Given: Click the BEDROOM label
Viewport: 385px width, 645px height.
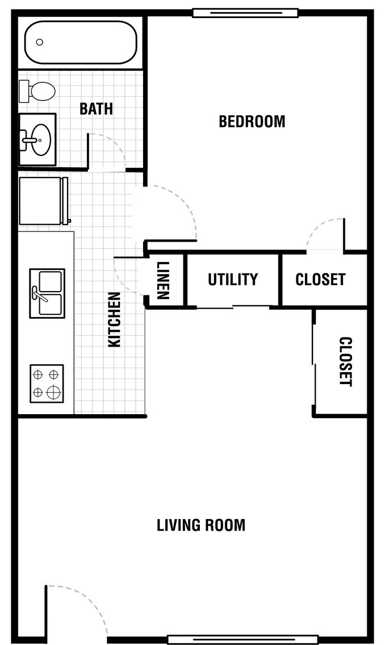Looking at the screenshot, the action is [x=252, y=122].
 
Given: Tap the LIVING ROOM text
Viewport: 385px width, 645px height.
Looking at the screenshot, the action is [x=201, y=525].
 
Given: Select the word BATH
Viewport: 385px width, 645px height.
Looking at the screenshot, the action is [x=96, y=109].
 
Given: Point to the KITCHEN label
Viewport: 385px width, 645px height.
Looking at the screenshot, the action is [x=114, y=319].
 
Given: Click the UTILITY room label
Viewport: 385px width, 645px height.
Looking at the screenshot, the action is [x=233, y=280].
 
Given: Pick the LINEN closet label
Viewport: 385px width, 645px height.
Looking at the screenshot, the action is [x=163, y=281].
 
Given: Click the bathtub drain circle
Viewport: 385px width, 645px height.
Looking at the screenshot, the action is [x=40, y=42].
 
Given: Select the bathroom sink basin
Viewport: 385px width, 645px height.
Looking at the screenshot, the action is [x=40, y=140].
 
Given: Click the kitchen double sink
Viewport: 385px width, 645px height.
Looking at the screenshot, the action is [x=47, y=293].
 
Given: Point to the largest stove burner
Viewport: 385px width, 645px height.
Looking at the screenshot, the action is [x=53, y=391].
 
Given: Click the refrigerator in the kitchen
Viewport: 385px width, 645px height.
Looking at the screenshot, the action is [x=43, y=201].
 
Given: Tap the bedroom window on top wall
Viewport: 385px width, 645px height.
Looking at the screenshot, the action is [x=245, y=12].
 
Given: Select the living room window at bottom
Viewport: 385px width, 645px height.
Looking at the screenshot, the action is [x=243, y=640].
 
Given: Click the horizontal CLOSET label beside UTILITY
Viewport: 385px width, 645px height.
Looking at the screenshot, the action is [x=320, y=280].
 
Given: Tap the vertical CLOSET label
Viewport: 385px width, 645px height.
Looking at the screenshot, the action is [x=345, y=361].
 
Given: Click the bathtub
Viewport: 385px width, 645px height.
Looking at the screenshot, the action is [x=81, y=43].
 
